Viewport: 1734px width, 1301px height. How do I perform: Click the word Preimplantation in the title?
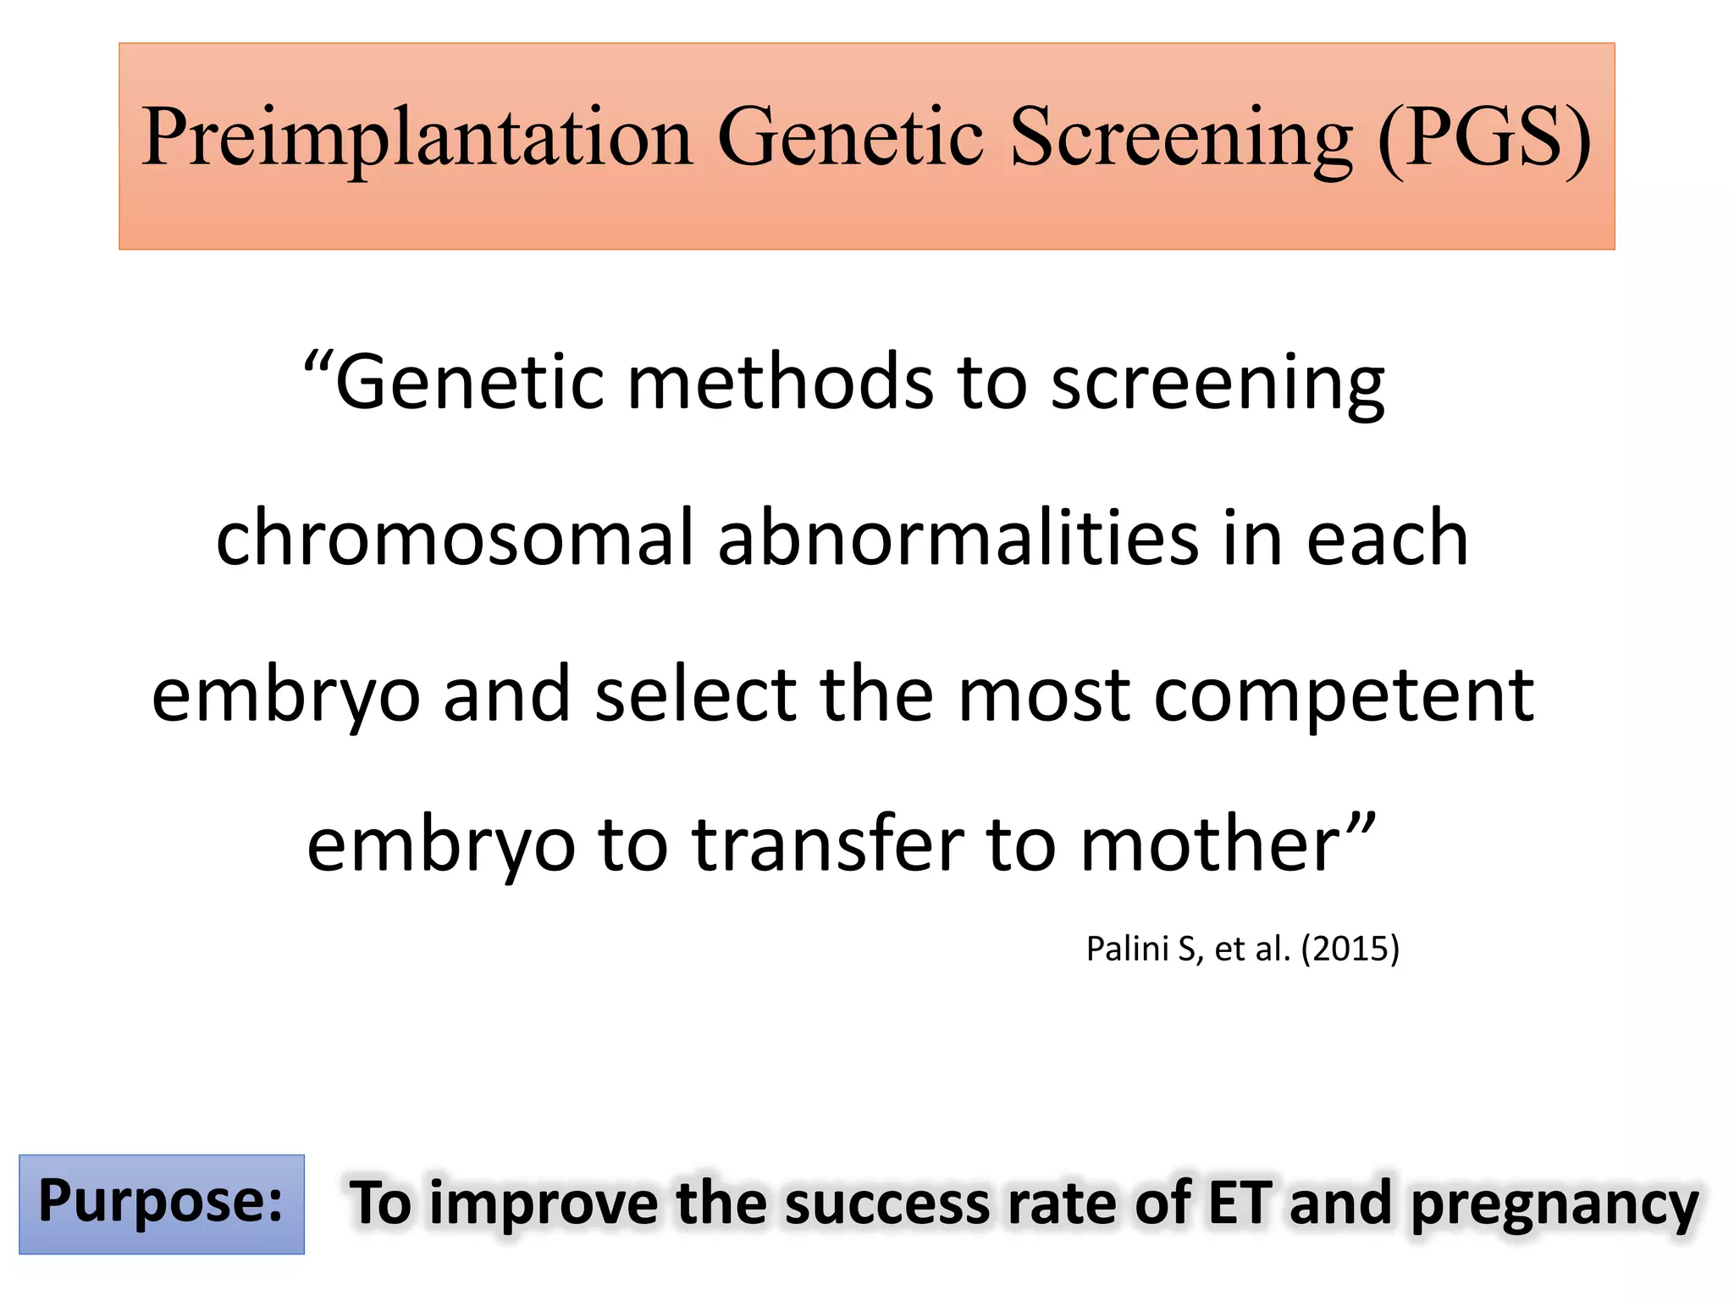[417, 138]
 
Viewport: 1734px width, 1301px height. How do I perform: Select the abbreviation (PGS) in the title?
[1483, 138]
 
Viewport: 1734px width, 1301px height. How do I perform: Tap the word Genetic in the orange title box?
[850, 138]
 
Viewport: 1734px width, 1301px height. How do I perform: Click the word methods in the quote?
[780, 383]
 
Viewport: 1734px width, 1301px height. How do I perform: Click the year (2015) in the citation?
[1350, 949]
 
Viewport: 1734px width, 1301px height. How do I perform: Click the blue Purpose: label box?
[162, 1203]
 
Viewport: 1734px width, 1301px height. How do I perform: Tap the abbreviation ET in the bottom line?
[1240, 1203]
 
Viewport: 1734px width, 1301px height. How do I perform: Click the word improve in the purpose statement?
[544, 1204]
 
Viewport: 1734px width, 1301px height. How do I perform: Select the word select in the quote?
[695, 695]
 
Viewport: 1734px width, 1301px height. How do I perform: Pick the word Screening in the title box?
[1181, 138]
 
